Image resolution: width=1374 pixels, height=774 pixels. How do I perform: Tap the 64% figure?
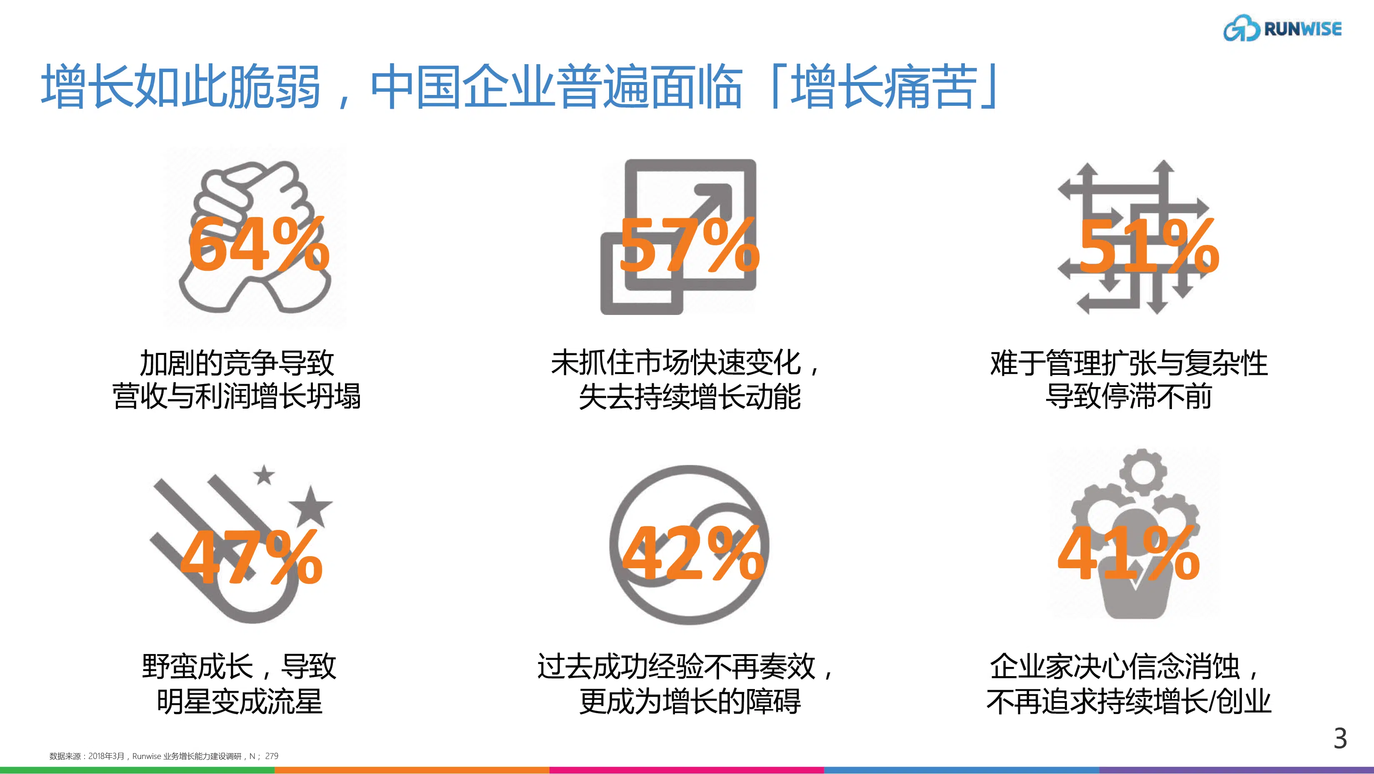point(259,245)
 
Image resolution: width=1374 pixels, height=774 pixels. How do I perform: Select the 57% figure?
point(689,245)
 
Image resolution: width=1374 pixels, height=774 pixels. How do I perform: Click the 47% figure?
point(251,557)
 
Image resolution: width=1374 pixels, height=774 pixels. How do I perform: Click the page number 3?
point(1340,739)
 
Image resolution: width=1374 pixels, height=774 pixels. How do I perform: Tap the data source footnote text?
point(164,756)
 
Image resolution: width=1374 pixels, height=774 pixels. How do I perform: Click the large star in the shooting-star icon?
point(311,506)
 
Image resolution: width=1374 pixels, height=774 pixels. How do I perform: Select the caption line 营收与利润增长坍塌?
point(237,396)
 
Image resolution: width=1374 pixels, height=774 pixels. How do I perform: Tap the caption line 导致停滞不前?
point(1129,396)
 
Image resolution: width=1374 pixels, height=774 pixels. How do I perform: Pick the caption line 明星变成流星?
point(240,701)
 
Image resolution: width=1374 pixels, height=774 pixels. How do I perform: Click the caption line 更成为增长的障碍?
point(689,701)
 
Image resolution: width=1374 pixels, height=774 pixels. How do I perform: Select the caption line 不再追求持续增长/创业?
point(1129,701)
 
